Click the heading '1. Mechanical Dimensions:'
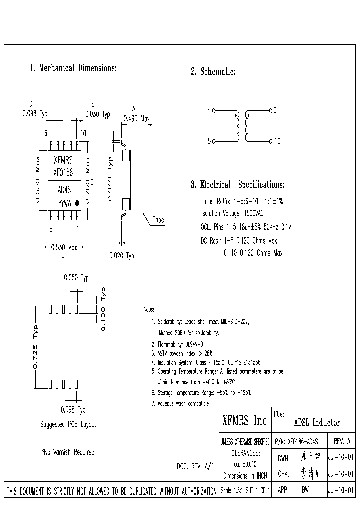73,68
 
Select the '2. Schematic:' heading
213,72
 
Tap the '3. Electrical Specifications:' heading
237,185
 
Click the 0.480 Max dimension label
136,119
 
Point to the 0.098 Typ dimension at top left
34,113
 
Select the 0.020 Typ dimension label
122,256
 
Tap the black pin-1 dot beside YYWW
77,204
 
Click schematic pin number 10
277,141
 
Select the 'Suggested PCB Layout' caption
68,424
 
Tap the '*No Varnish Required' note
67,452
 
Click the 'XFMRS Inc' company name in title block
244,421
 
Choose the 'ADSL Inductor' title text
317,422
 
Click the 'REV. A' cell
341,441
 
